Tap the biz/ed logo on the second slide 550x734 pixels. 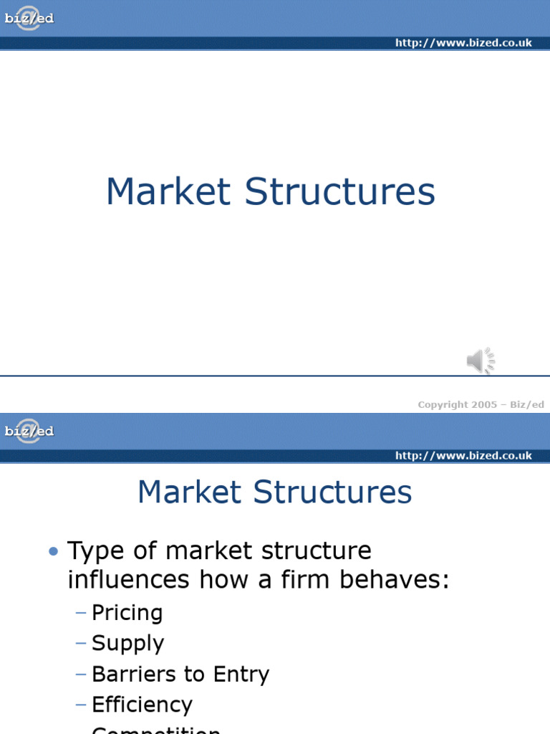[29, 432]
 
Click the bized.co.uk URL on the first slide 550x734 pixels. [463, 43]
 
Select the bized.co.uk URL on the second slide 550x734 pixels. [463, 456]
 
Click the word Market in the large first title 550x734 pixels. [168, 192]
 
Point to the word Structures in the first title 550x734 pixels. [339, 192]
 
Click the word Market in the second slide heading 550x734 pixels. [189, 493]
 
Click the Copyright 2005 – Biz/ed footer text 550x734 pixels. [481, 404]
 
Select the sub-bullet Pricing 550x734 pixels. [127, 613]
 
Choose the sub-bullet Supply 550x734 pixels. [127, 644]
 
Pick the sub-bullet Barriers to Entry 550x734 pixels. [180, 674]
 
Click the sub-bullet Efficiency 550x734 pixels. [142, 705]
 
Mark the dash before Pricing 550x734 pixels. [80, 613]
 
